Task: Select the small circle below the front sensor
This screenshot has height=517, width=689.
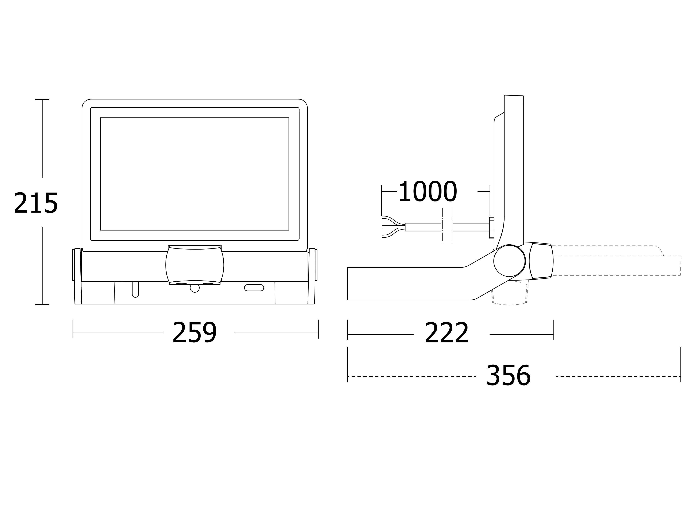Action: click(x=195, y=288)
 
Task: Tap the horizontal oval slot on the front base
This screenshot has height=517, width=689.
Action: click(x=254, y=288)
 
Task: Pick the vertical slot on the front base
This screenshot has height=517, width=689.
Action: click(x=136, y=289)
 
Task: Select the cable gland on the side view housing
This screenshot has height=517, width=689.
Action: click(x=492, y=227)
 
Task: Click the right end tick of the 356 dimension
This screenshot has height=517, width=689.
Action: click(x=681, y=365)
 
